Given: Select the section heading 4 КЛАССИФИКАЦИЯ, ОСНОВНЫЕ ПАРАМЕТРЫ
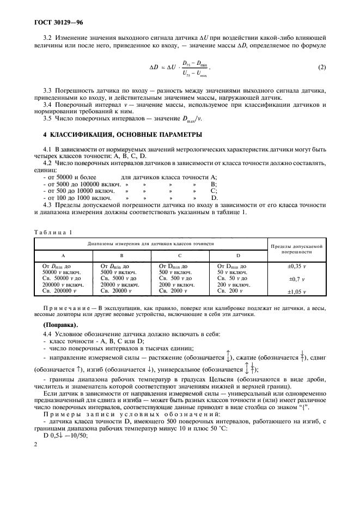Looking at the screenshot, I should [114, 134].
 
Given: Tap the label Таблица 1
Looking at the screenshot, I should [53, 233].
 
